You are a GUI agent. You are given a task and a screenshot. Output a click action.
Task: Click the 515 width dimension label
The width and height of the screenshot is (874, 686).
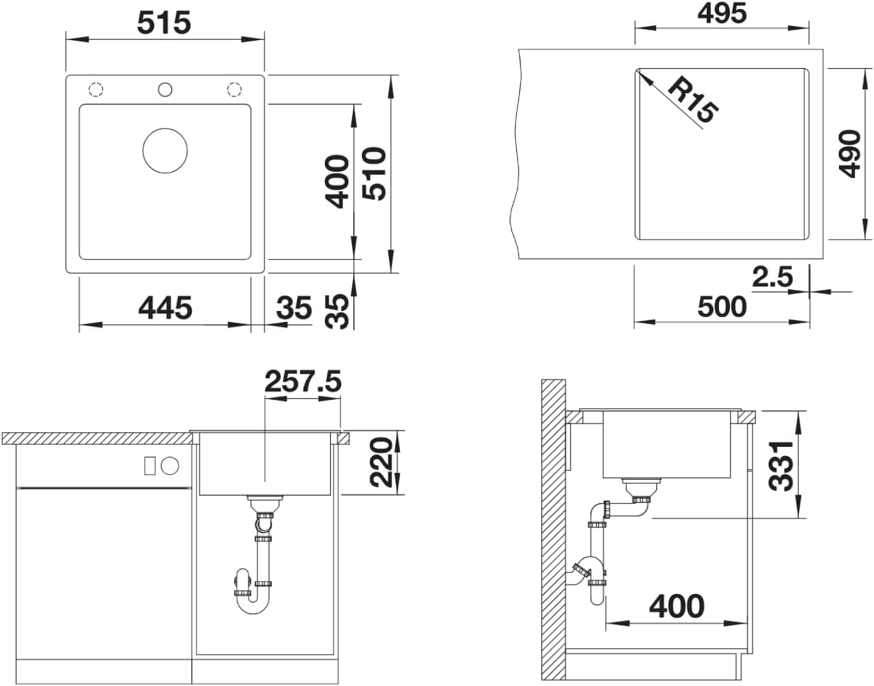[x=164, y=23]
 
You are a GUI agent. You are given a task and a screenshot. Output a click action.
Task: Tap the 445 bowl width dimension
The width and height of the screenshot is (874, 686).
[x=165, y=307]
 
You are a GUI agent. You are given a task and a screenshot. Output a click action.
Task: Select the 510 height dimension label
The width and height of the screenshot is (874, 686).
[x=375, y=173]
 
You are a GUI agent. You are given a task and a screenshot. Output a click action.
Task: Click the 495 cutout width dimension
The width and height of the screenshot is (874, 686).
[x=722, y=13]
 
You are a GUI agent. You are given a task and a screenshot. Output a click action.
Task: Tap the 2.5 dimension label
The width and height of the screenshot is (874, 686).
[x=772, y=277]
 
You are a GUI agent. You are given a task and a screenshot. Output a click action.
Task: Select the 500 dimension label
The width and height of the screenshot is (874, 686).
[x=722, y=307]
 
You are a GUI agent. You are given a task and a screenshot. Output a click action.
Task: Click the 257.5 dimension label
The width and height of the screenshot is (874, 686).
[x=302, y=382]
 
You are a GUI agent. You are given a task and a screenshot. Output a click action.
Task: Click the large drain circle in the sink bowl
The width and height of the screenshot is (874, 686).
[x=165, y=150]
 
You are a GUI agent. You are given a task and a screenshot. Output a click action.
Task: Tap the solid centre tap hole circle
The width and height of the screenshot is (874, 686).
[x=165, y=89]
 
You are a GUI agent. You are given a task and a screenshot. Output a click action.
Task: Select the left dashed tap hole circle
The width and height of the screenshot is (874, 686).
[x=96, y=89]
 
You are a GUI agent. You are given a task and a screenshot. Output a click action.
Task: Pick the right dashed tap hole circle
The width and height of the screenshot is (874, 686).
[x=233, y=89]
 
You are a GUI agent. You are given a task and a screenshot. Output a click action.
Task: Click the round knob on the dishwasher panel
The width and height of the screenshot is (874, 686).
[x=170, y=465]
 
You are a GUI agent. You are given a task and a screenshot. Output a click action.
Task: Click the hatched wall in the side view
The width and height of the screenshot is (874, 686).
[x=553, y=531]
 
